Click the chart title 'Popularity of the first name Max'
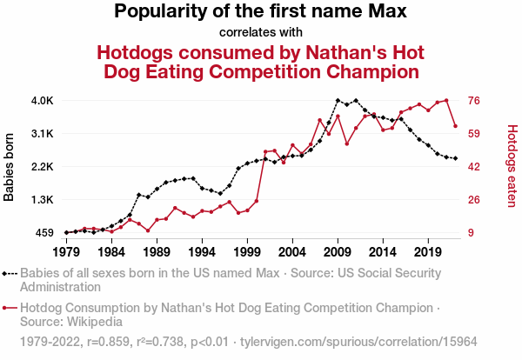pos(261,12)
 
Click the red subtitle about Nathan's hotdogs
pos(261,60)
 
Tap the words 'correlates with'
pos(261,33)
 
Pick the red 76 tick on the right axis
pos(475,101)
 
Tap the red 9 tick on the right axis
pos(472,232)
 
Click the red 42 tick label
pos(475,167)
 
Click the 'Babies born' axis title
pos(10,167)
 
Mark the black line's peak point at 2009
pos(338,101)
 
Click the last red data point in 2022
pos(455,126)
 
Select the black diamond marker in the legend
pos(7,273)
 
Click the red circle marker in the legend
pos(7,308)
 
